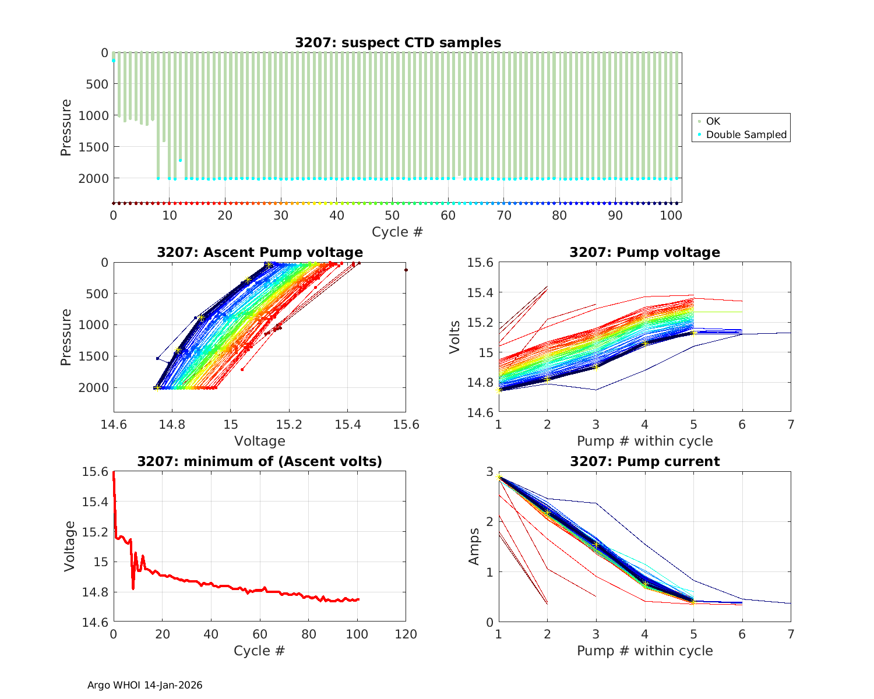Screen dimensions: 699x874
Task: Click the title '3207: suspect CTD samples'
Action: coord(397,43)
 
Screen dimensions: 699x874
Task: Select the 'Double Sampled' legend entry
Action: coord(746,135)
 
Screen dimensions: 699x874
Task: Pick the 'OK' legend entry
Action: coord(713,121)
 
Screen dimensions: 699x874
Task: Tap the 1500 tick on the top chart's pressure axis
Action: coord(93,147)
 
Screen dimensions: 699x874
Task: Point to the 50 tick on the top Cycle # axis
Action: coord(393,216)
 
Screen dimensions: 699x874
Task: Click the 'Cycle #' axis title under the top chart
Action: coord(397,232)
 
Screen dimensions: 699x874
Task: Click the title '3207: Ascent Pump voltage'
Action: coord(259,252)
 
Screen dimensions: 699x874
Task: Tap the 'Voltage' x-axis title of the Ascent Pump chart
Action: coord(259,441)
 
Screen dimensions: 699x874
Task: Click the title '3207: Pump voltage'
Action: coord(644,252)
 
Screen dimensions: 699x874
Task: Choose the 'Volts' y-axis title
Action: coord(455,337)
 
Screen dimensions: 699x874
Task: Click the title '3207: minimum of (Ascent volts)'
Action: coord(259,461)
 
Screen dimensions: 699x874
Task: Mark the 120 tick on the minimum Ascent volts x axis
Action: coord(406,634)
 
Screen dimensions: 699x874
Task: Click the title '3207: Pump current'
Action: coord(644,461)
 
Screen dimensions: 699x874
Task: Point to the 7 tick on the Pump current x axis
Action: coord(791,634)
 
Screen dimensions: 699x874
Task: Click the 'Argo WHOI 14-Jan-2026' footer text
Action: coord(145,685)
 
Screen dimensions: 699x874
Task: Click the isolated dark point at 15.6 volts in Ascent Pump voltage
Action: coord(406,270)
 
